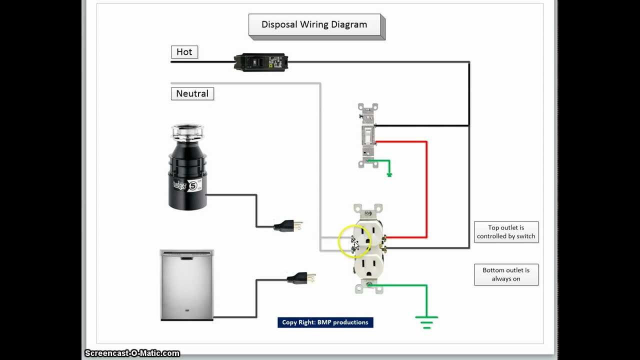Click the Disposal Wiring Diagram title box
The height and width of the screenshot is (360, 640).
[314, 25]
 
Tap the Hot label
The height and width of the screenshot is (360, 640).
[184, 52]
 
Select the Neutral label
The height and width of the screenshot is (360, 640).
[192, 93]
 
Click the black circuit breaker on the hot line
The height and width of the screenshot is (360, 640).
[259, 62]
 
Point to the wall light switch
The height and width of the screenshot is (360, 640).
[367, 135]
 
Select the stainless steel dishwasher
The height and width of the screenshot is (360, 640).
[186, 285]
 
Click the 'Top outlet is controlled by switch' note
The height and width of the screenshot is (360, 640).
[506, 232]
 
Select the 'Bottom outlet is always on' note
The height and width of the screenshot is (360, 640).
[506, 274]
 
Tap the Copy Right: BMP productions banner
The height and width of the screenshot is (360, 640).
[325, 322]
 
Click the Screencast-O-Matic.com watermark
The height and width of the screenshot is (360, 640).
[132, 353]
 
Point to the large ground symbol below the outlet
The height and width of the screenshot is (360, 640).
[426, 322]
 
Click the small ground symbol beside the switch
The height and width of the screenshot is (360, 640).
[389, 174]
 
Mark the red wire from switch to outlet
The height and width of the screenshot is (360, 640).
[426, 190]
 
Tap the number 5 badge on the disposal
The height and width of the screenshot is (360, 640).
[192, 185]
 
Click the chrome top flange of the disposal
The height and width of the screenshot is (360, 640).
[187, 132]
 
